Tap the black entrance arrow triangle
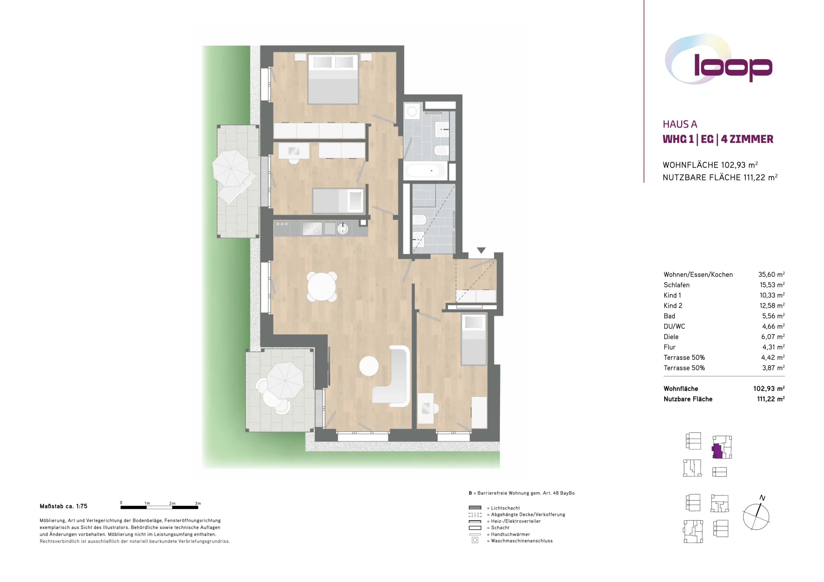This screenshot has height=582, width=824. (x=481, y=250)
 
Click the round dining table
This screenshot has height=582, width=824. (x=322, y=286)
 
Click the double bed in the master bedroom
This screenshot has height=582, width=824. (x=333, y=79)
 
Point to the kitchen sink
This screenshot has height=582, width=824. (x=343, y=228)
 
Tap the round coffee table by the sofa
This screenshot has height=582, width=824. (x=369, y=366)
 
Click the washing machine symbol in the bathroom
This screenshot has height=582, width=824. (x=412, y=112)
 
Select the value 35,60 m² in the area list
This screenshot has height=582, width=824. (x=771, y=274)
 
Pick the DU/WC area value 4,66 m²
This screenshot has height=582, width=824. (x=773, y=326)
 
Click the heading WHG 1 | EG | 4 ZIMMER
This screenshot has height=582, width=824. (x=718, y=139)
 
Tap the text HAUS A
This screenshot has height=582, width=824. (x=680, y=124)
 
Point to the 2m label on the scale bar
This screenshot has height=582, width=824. (x=172, y=503)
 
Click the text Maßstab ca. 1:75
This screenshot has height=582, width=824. (x=63, y=506)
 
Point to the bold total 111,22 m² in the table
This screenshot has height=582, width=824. (x=771, y=399)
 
